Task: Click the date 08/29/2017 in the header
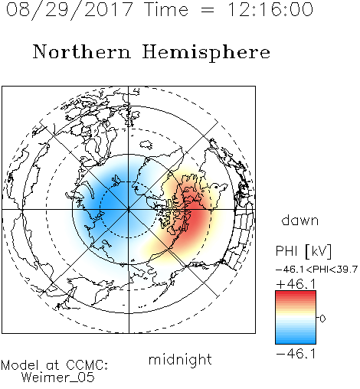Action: [x=69, y=10]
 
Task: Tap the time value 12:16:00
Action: [x=270, y=9]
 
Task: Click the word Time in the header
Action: [x=166, y=9]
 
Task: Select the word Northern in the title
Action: [x=82, y=51]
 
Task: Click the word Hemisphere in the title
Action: [x=206, y=53]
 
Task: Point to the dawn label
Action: [x=300, y=220]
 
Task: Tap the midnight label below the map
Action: [x=180, y=359]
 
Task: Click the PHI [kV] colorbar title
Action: [x=303, y=251]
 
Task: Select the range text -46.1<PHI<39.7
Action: [x=316, y=270]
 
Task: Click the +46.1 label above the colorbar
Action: [x=296, y=284]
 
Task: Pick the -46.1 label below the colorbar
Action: [x=296, y=354]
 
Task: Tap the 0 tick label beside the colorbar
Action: [x=322, y=319]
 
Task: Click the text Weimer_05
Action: [x=58, y=378]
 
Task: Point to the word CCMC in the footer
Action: [x=87, y=365]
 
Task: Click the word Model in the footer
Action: [x=20, y=365]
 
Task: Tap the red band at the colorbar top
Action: [x=296, y=294]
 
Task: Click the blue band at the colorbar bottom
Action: [x=296, y=340]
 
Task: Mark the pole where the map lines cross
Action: [x=129, y=210]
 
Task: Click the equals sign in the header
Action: [x=208, y=11]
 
